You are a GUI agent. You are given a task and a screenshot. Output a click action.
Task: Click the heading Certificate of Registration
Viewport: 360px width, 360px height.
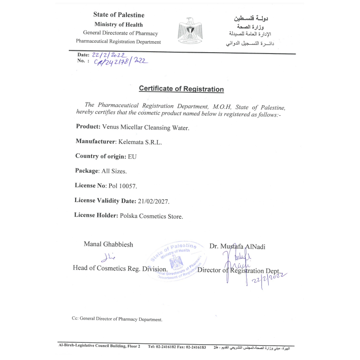[x=181, y=89]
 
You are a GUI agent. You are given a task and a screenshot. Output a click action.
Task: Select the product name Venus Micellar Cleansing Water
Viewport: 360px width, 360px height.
[x=146, y=127]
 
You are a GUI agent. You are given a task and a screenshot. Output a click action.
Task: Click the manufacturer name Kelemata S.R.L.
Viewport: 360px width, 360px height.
[x=139, y=142]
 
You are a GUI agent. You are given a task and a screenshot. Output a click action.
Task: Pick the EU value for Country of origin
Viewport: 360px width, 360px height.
[x=132, y=157]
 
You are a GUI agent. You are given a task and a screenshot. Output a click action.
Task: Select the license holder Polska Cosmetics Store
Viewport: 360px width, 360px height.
[x=151, y=216]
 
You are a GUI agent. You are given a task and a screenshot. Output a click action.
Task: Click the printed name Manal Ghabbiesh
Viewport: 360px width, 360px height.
[x=108, y=244]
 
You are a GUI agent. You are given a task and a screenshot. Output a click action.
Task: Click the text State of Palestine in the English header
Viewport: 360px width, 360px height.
[x=119, y=15]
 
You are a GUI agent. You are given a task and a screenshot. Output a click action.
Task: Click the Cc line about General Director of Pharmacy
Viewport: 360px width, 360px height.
[x=117, y=319]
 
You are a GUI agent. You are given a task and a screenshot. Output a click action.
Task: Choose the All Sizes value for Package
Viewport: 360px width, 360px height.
[x=113, y=171]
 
